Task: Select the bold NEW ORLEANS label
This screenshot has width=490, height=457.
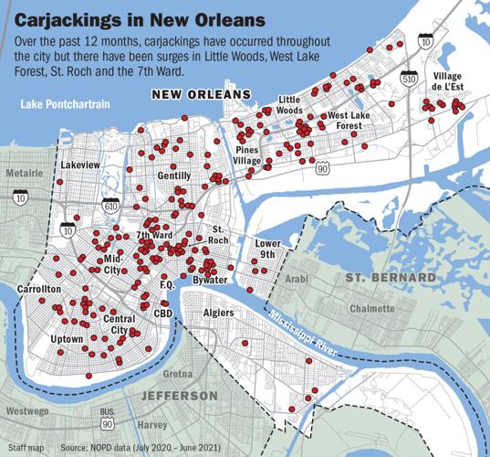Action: pos(200,95)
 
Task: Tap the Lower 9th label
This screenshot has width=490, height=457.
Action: pos(268,250)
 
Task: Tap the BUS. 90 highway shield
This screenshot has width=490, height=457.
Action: pos(109,419)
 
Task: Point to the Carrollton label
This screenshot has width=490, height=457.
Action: pos(38,289)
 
